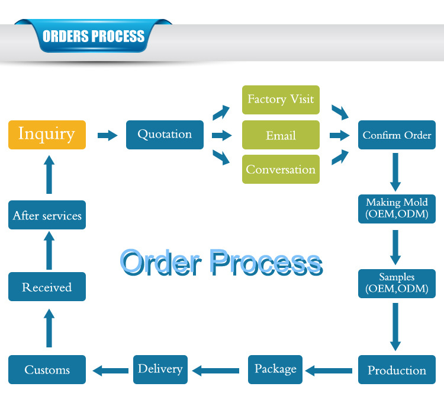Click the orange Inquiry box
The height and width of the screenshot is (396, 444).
coord(47,135)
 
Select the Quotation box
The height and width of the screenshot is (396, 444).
coord(165,135)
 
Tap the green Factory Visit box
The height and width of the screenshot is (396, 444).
coord(281,100)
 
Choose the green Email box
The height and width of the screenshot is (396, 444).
coord(281,135)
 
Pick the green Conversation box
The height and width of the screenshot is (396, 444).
coord(281,170)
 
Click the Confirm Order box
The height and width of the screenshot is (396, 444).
coord(397,135)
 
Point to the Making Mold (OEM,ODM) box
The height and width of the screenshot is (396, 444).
coord(397,209)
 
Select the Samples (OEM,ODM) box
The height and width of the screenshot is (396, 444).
coord(397,283)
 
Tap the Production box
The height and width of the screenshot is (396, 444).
coord(397,370)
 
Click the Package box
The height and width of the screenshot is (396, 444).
coord(275,369)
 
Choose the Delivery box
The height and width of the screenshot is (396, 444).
coord(160,369)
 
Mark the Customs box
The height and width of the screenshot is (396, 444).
coord(47,370)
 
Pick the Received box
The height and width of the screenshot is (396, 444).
coord(47,288)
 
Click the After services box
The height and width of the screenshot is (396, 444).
coord(47,215)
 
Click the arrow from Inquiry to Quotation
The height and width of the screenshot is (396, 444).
coord(107,135)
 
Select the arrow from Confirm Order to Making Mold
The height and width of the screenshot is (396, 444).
coord(395,171)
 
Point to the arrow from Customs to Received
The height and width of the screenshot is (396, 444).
coord(49,328)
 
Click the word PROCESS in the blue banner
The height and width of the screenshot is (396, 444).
coord(117,36)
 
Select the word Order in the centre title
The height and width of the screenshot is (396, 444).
coord(160,262)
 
